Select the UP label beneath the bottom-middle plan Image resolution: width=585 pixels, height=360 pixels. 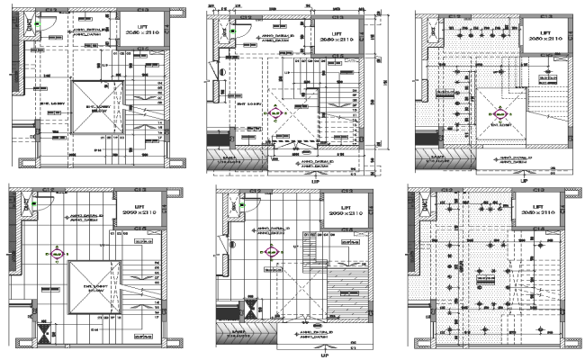tap(313, 354)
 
